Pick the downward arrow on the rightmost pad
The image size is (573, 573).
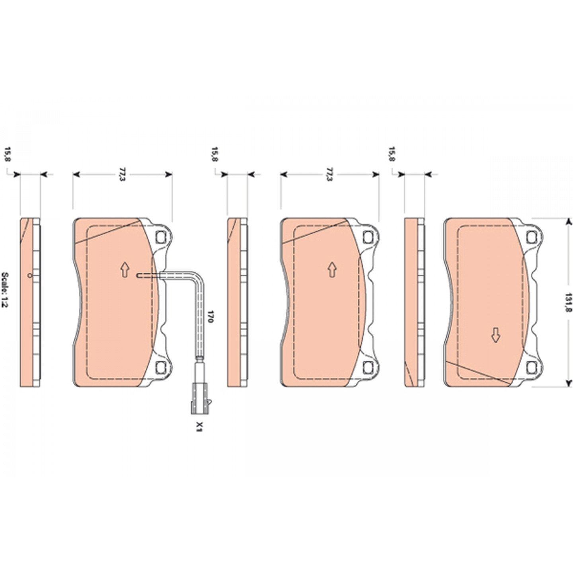(x=495, y=335)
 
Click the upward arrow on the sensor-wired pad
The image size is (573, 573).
(x=125, y=270)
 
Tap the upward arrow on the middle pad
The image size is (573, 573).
(x=332, y=270)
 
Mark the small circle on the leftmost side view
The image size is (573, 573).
(x=29, y=276)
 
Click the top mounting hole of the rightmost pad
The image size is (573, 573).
(x=531, y=237)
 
